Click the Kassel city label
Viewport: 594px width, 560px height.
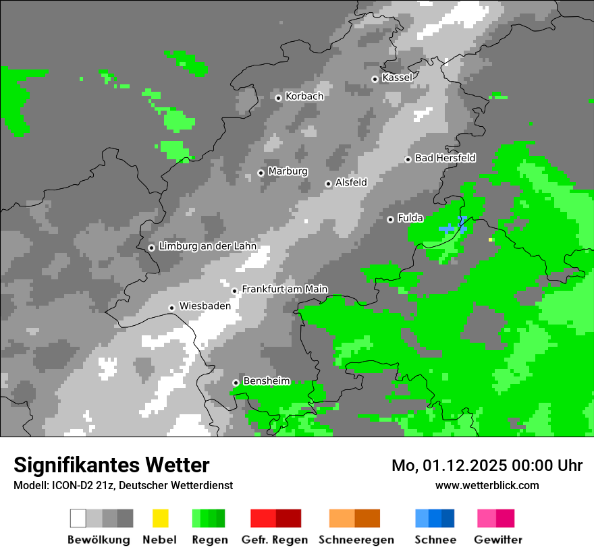click(397, 78)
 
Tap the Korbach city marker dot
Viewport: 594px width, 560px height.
click(278, 98)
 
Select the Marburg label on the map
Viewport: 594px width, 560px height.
click(288, 171)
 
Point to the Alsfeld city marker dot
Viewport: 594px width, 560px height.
click(328, 184)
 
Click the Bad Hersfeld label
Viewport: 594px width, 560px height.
click(445, 158)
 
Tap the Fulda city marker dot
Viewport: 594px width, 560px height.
click(390, 219)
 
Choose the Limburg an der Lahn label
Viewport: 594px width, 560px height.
click(207, 246)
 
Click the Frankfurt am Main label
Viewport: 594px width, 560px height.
click(284, 289)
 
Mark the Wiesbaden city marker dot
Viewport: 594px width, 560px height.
click(172, 308)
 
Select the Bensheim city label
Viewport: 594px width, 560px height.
click(266, 381)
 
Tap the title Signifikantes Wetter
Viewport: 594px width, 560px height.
click(111, 465)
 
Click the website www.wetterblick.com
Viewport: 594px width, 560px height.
click(487, 485)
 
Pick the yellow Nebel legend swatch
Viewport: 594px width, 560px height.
click(160, 518)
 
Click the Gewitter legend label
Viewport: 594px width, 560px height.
click(498, 540)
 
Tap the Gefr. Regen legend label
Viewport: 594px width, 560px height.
click(275, 540)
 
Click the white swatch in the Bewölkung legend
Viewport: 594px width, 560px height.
click(78, 518)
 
